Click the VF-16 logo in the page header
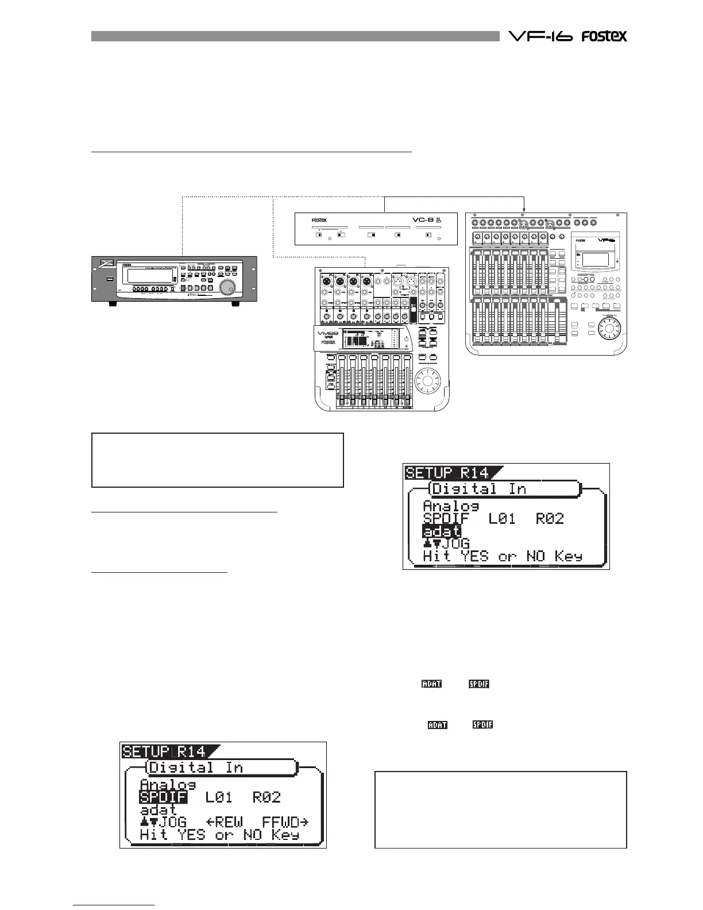tap(540, 36)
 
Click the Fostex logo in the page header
tap(604, 36)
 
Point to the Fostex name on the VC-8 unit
tap(319, 220)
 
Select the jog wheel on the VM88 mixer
tap(426, 380)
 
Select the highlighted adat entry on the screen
tap(441, 531)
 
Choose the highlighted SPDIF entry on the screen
tap(163, 797)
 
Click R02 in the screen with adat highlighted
tap(550, 518)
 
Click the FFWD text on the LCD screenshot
tap(285, 822)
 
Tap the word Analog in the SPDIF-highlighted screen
tap(168, 784)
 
